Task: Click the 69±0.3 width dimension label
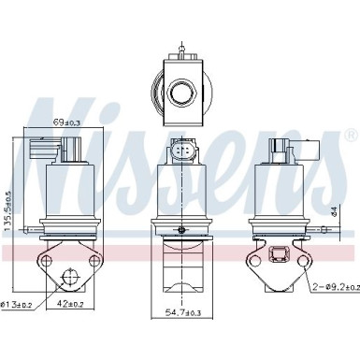click(66, 122)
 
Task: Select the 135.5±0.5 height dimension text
click(8, 211)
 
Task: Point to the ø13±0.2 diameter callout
click(17, 305)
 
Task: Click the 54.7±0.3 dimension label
click(182, 312)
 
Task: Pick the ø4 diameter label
click(335, 211)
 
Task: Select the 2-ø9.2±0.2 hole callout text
click(337, 287)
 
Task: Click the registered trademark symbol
click(352, 135)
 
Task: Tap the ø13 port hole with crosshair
click(69, 277)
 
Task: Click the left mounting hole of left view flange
click(47, 260)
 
